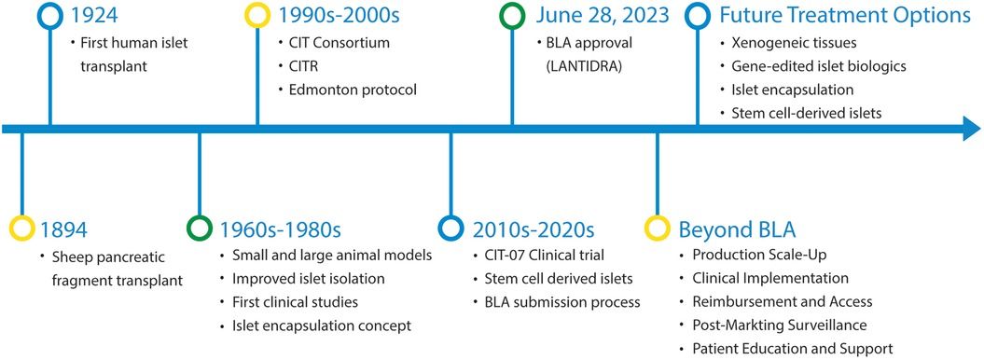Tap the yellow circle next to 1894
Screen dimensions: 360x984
pyautogui.click(x=21, y=227)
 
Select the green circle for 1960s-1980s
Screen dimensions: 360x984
pyautogui.click(x=200, y=227)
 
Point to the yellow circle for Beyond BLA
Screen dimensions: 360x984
pyautogui.click(x=658, y=227)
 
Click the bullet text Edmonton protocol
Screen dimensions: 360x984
pyautogui.click(x=347, y=90)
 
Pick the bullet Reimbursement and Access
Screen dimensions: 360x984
pyautogui.click(x=782, y=301)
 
